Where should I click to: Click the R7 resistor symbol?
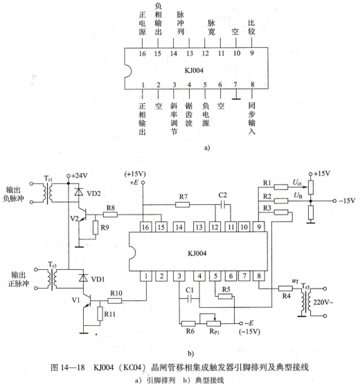click(182, 205)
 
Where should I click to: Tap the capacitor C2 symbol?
click(224, 205)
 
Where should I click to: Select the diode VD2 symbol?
click(79, 192)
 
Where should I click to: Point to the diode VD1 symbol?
click(83, 278)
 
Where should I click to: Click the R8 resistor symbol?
click(110, 215)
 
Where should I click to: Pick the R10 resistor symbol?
click(115, 301)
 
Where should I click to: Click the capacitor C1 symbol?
click(190, 298)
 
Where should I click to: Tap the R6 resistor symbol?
click(188, 324)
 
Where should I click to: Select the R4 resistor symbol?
click(285, 289)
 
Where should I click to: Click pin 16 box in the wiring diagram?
click(145, 227)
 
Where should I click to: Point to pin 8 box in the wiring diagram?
click(259, 276)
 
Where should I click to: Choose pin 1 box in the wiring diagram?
click(146, 276)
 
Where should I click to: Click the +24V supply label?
click(80, 176)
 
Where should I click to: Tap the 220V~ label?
click(323, 302)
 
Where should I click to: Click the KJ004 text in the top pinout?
click(194, 71)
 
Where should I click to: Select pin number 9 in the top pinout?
click(252, 53)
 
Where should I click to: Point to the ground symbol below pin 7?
click(236, 99)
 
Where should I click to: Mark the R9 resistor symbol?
click(96, 228)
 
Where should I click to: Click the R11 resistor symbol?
click(100, 313)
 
